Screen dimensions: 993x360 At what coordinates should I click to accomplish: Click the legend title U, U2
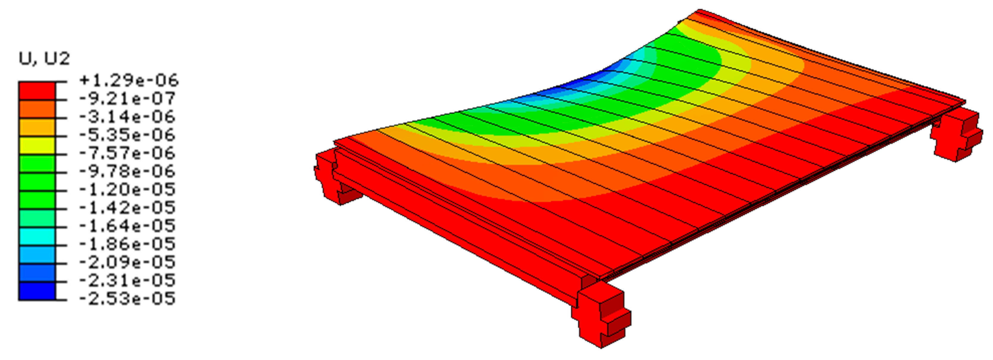click(44, 59)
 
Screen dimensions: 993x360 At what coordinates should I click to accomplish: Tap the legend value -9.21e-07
click(127, 99)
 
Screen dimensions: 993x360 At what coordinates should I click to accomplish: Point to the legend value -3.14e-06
click(127, 117)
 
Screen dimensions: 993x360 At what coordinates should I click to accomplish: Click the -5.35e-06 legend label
click(127, 135)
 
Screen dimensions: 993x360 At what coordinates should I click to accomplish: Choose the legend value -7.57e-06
click(127, 153)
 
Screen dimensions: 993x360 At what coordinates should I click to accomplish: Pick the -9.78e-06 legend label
click(127, 171)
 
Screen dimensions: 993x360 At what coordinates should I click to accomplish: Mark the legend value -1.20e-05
click(127, 189)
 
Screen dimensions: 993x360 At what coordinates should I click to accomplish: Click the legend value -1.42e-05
click(127, 207)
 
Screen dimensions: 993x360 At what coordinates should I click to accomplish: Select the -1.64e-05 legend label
click(127, 225)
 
